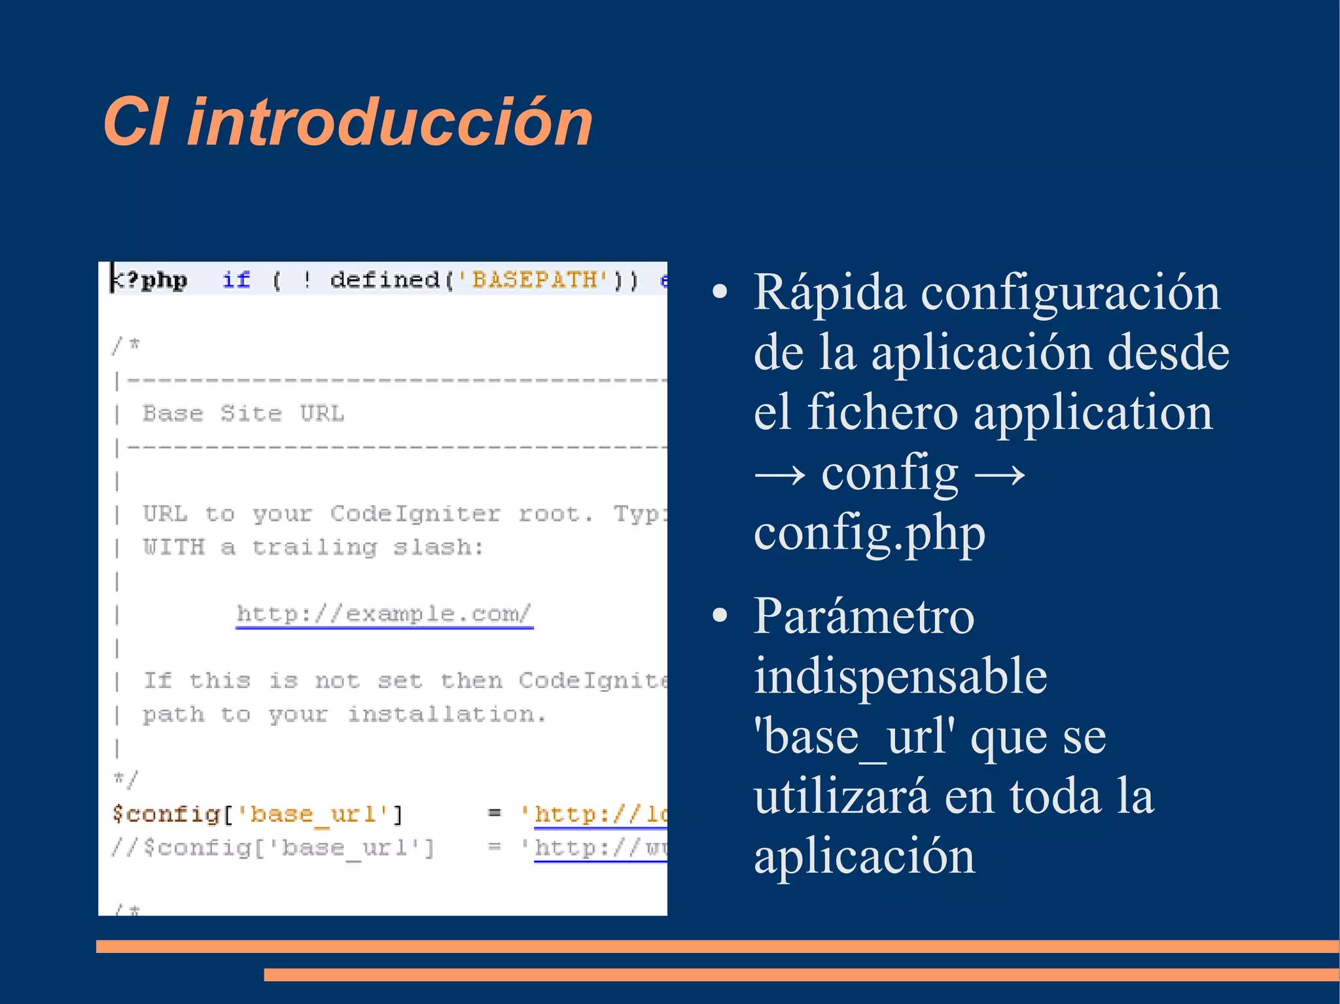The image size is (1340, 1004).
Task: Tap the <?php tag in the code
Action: click(150, 281)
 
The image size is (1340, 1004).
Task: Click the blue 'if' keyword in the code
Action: click(236, 281)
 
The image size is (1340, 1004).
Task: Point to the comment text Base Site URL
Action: click(243, 414)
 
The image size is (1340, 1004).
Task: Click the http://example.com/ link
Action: click(384, 614)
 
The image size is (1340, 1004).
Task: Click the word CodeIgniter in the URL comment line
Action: click(415, 514)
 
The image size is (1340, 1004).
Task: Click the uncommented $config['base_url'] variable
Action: click(257, 814)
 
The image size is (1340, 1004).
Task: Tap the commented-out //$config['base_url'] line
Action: click(272, 848)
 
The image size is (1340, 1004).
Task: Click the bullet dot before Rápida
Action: click(720, 293)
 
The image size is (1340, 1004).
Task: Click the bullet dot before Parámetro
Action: click(720, 615)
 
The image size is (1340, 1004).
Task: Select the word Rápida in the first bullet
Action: click(829, 293)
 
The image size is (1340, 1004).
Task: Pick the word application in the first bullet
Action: click(1093, 413)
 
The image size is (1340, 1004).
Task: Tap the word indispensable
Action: click(900, 676)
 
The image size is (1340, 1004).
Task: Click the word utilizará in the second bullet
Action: click(841, 797)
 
